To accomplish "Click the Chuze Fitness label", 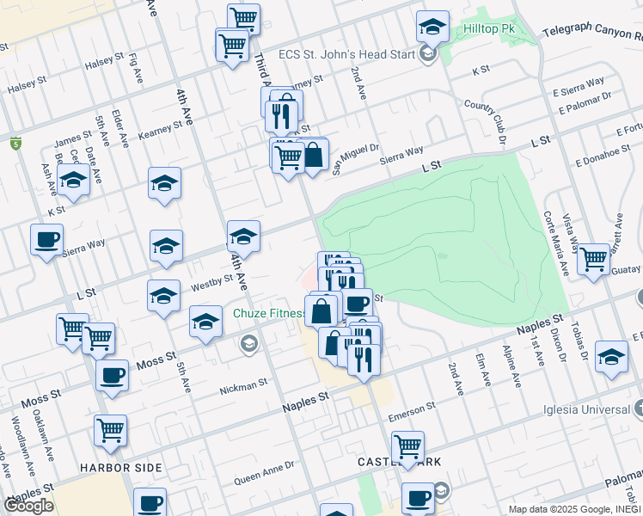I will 268,314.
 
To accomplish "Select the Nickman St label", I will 244,386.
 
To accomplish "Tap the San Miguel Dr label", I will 355,156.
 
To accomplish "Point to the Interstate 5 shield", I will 15,144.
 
